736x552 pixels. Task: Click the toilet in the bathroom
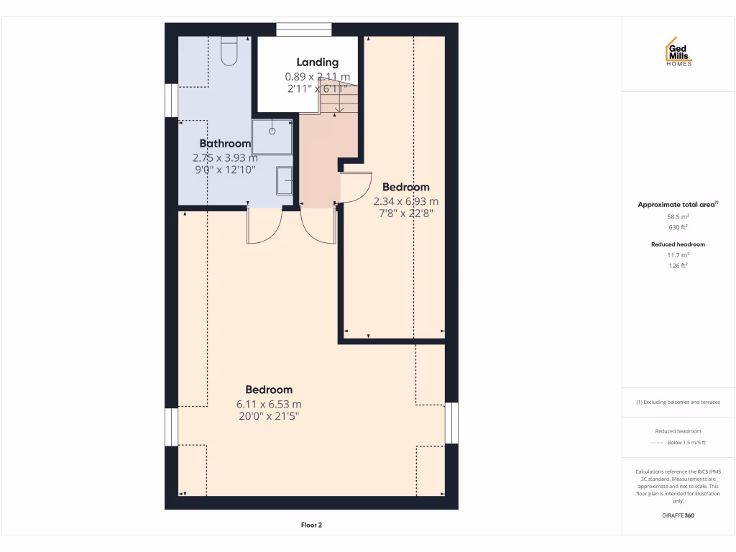pos(229,52)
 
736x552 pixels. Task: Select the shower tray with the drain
pos(272,137)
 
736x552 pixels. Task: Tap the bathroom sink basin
pos(285,180)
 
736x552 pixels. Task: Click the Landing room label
pos(317,63)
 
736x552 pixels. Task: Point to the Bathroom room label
pos(225,144)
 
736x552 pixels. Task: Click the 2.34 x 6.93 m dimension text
pos(405,201)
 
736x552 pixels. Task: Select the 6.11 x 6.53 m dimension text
pos(269,404)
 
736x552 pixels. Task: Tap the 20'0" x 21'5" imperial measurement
pos(269,416)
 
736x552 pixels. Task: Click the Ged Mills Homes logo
pos(678,52)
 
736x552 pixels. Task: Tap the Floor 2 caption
pos(311,525)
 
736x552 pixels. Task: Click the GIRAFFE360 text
pos(678,515)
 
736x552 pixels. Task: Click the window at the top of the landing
pos(304,29)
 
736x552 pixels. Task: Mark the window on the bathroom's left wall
pos(172,100)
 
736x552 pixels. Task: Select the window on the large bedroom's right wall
pos(451,423)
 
